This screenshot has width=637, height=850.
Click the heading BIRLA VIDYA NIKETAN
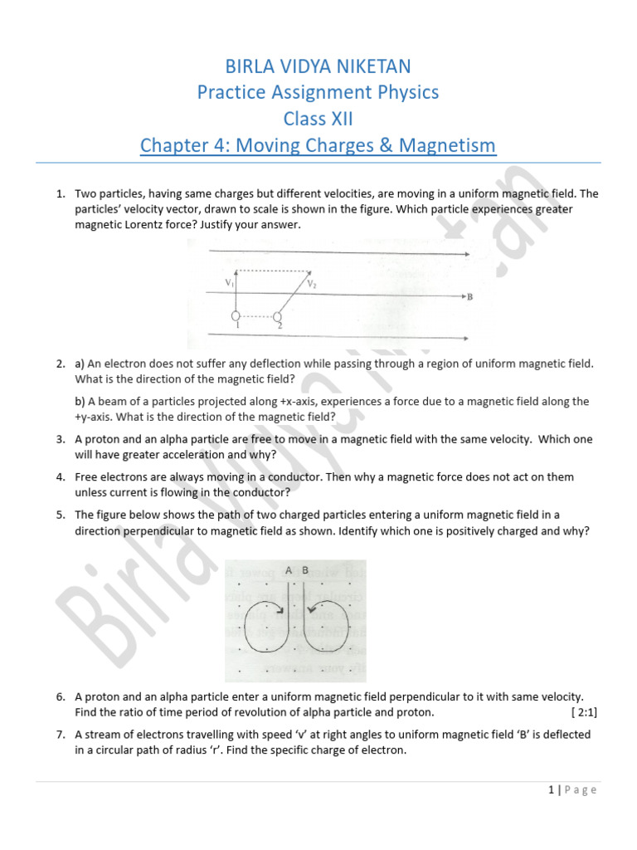click(x=318, y=66)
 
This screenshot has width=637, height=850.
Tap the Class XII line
click(x=318, y=119)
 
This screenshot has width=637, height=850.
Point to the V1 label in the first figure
click(x=229, y=283)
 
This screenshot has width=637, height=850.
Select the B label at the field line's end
click(x=469, y=296)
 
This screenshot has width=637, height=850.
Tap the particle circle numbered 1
click(x=236, y=317)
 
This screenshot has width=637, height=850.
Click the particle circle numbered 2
click(x=278, y=317)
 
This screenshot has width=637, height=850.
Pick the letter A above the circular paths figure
click(x=288, y=570)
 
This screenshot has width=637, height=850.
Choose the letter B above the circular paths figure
click(x=304, y=570)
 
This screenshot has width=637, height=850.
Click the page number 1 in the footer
click(x=551, y=790)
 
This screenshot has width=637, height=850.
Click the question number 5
click(x=61, y=515)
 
